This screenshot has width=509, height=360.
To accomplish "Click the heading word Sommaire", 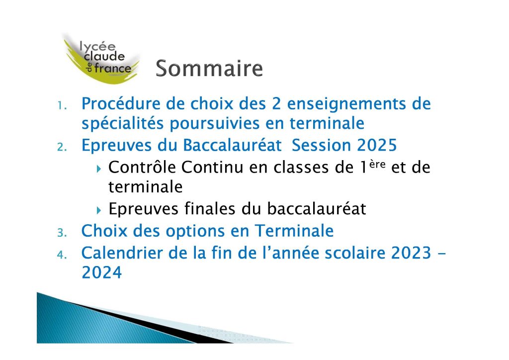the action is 209,68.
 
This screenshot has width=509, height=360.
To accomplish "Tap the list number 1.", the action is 62,105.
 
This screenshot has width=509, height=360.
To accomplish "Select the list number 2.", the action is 62,147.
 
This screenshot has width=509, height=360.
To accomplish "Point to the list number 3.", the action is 62,233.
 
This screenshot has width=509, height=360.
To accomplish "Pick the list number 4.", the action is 62,255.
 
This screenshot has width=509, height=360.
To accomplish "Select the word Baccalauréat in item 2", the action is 232,145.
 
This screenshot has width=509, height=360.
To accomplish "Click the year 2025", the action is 377,145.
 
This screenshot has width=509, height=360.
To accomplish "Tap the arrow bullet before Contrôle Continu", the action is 99,169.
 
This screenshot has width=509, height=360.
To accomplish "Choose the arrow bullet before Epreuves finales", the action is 99,210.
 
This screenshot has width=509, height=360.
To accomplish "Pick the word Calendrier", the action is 122,253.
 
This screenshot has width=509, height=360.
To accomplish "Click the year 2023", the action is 411,253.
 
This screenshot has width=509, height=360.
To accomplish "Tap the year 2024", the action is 101,272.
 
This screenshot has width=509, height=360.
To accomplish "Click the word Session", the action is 322,145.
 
